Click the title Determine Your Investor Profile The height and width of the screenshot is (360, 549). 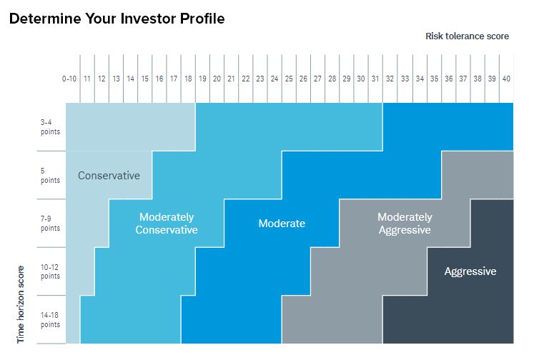pos(117,19)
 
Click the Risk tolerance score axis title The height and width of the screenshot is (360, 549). pos(467,36)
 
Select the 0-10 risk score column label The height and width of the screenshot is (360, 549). pos(69,78)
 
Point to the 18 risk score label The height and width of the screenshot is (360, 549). pos(188,78)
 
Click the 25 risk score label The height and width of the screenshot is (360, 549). pos(289,78)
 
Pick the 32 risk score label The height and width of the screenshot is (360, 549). pos(390,78)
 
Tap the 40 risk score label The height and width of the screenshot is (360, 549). pos(505,78)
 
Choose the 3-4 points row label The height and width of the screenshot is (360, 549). pos(50,126)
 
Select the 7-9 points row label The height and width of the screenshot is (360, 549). pos(50,224)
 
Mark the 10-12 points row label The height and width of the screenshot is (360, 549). pos(50,271)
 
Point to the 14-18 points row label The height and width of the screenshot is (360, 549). pos(50,319)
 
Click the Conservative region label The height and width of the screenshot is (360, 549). pos(109,175)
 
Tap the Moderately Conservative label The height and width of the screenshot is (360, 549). pos(167,224)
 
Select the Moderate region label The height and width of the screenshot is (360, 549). pos(282,224)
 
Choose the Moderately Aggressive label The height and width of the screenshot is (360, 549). pos(405,224)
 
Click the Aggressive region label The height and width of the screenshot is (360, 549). pos(470,271)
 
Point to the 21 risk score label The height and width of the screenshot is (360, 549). pos(231,78)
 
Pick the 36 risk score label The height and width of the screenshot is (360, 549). pos(448,78)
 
